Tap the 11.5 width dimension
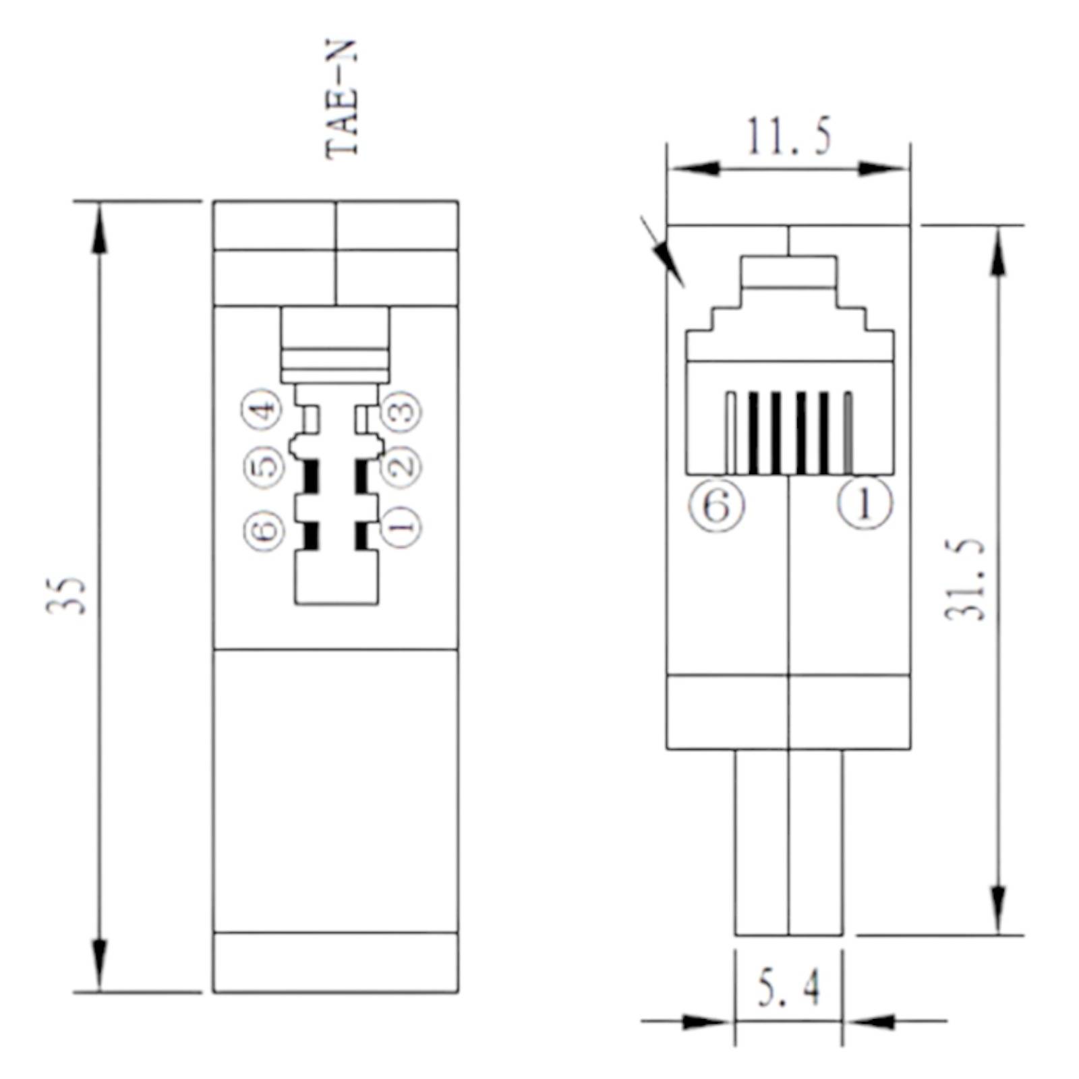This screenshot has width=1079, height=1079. [788, 137]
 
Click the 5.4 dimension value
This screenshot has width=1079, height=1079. [788, 989]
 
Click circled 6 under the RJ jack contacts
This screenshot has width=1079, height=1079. [716, 504]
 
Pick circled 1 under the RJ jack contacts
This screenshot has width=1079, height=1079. [865, 503]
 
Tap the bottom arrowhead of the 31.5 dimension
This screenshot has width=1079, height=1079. [999, 910]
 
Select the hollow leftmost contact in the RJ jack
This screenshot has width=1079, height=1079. [730, 433]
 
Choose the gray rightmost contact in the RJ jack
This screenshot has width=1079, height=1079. [848, 433]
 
